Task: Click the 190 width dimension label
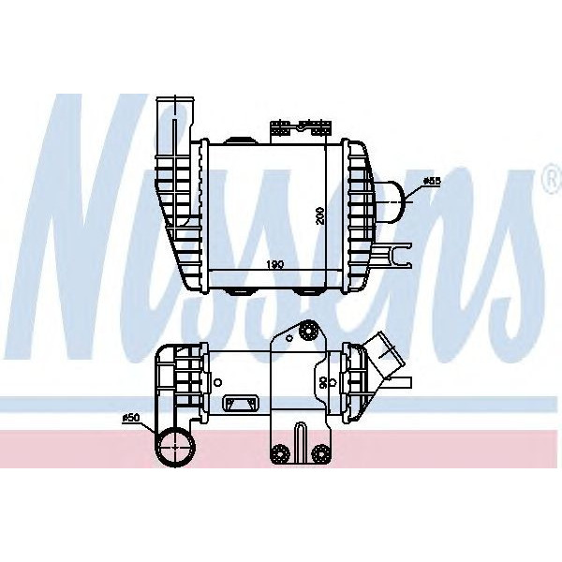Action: tap(274, 265)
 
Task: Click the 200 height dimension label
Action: tap(321, 214)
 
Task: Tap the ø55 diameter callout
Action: tap(433, 180)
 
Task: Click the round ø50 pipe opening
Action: tap(174, 447)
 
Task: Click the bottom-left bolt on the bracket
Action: tap(278, 454)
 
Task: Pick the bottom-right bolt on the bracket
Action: tap(323, 454)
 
